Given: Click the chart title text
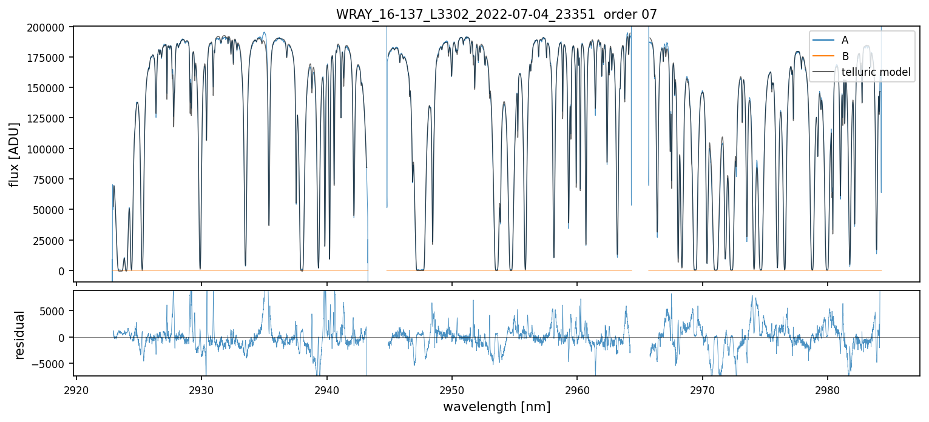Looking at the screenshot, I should [x=496, y=15].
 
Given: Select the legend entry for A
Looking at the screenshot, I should [x=845, y=40].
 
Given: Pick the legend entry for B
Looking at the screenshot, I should [x=845, y=56].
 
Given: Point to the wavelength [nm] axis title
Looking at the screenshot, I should [x=496, y=406].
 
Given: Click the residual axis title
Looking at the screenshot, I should [x=20, y=334].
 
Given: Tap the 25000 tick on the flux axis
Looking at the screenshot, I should [x=51, y=241].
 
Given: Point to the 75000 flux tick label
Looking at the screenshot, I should [x=51, y=179].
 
